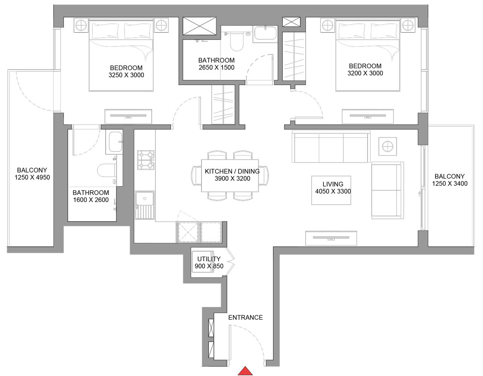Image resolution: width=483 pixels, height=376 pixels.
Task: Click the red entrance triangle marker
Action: click(x=245, y=371)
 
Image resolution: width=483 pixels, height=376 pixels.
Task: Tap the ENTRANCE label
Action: click(x=245, y=317)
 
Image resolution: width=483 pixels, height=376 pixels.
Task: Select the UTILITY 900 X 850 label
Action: click(x=209, y=262)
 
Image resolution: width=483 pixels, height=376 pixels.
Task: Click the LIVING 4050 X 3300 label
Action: click(x=333, y=188)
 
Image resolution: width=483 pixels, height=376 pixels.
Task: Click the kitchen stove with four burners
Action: click(x=145, y=160)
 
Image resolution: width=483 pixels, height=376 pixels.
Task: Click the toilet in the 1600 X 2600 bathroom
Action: click(x=107, y=170)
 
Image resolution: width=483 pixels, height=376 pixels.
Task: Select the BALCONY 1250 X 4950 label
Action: click(x=32, y=174)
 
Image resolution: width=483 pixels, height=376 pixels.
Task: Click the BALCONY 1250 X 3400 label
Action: click(x=449, y=180)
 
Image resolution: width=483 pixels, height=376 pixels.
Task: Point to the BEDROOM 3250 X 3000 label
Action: click(x=126, y=71)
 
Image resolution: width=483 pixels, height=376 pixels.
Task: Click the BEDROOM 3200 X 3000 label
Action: click(x=365, y=69)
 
